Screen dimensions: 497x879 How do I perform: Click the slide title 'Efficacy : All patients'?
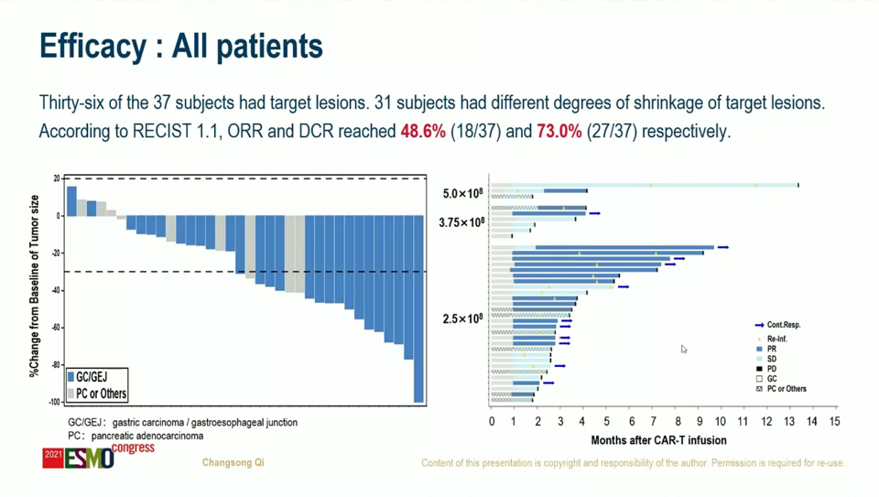tap(180, 46)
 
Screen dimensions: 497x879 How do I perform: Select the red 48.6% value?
tap(422, 132)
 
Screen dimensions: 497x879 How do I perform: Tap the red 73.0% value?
tap(559, 132)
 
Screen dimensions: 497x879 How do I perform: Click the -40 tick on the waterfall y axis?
tap(56, 290)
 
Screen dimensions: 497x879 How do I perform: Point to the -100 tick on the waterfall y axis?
tap(54, 402)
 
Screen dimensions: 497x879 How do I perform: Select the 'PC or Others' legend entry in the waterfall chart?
tap(97, 394)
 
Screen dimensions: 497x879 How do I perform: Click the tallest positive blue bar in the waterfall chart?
tap(71, 201)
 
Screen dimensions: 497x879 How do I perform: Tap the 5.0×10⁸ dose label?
tap(463, 194)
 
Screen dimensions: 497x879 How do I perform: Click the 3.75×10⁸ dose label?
tap(461, 222)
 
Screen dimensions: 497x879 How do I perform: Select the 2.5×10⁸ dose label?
tap(463, 319)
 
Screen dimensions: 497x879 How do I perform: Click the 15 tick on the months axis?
tap(834, 422)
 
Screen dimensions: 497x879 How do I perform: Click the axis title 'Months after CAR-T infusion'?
tap(658, 440)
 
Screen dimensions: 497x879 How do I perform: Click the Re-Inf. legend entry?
tap(776, 339)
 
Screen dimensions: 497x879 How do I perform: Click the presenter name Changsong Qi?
tap(233, 463)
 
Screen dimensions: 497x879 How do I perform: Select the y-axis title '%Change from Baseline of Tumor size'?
tap(35, 286)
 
